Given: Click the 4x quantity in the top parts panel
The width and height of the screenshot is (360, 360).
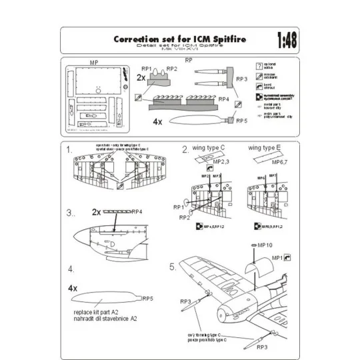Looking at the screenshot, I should tap(157, 123).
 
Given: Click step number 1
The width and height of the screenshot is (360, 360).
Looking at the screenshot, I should tap(71, 150).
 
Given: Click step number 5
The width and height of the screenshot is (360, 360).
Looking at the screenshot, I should tap(173, 267).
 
